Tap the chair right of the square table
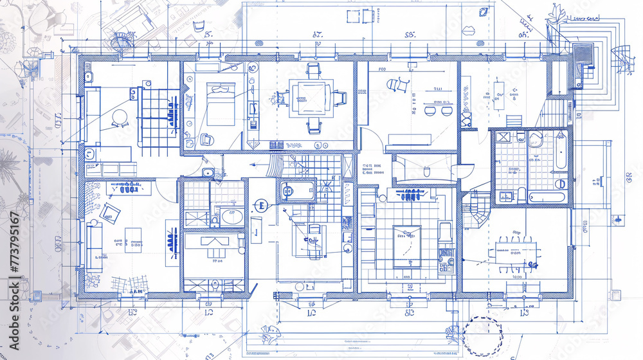[339, 98]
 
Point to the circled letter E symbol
[260, 206]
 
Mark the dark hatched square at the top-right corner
[583, 52]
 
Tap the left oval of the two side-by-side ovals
[428, 111]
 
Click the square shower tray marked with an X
[503, 137]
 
